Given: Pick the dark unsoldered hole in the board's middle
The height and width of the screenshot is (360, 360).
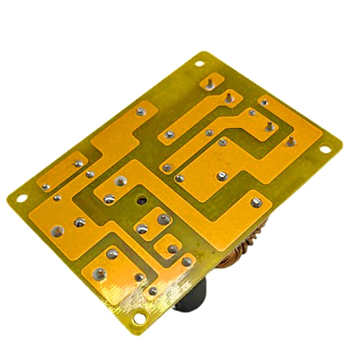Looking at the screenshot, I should click(x=142, y=200).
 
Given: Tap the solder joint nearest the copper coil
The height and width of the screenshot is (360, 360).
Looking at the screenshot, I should click(x=256, y=202).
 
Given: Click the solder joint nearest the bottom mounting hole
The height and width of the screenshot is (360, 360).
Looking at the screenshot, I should click(x=153, y=291).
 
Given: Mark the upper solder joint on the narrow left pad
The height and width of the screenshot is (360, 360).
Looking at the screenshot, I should click(x=79, y=163).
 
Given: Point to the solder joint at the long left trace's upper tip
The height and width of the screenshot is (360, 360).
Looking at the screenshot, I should click(x=140, y=110).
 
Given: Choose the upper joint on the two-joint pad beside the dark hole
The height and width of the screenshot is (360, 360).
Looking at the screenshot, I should click(x=162, y=219).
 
